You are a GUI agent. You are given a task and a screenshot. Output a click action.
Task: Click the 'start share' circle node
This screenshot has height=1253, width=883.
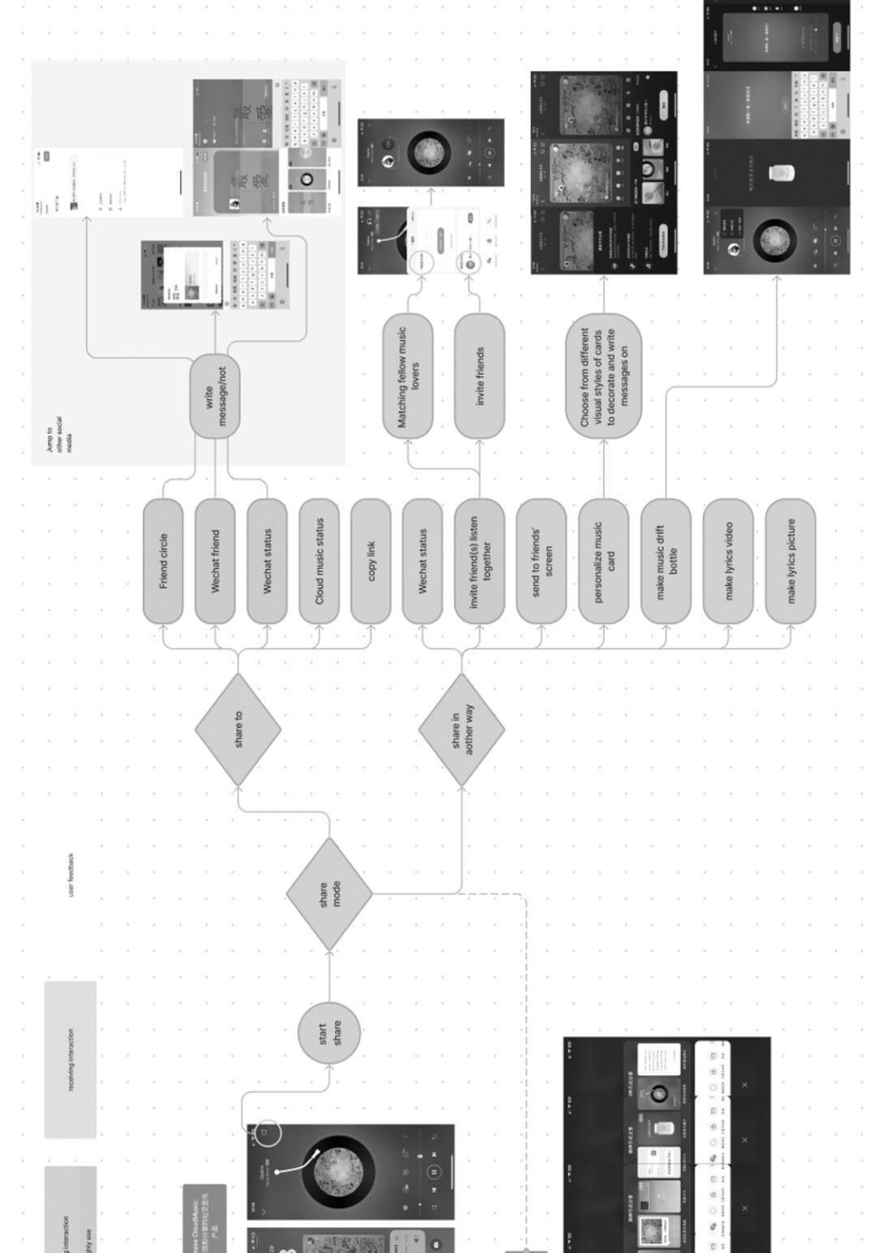(330, 1033)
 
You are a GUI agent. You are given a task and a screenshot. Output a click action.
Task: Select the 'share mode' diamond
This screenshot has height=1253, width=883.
(330, 894)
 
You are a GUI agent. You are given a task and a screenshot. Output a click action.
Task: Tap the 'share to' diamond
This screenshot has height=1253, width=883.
(238, 730)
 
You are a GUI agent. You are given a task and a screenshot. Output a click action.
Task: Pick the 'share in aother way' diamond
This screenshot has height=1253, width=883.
(462, 730)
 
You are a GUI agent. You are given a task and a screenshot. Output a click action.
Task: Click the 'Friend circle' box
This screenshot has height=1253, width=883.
(163, 562)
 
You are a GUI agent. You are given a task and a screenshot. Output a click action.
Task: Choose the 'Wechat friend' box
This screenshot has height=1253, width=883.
(215, 562)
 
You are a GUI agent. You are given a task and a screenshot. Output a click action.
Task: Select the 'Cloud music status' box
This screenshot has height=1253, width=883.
(319, 562)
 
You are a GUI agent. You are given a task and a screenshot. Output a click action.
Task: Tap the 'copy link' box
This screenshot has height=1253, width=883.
(371, 562)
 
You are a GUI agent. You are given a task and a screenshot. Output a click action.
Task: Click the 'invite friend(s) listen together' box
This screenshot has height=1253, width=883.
(480, 562)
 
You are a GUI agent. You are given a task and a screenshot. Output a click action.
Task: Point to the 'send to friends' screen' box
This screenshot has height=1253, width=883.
(541, 562)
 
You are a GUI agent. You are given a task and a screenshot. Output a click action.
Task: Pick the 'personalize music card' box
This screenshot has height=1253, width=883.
(604, 562)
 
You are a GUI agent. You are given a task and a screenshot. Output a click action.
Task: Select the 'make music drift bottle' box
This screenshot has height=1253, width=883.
(666, 562)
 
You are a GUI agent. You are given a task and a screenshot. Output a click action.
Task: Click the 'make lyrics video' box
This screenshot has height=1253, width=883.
(728, 562)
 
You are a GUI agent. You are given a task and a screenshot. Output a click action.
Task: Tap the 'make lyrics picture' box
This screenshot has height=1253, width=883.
(790, 562)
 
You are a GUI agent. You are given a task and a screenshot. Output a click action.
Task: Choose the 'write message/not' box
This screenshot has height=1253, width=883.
(215, 397)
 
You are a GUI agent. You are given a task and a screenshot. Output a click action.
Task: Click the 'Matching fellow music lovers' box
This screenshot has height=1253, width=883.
(408, 377)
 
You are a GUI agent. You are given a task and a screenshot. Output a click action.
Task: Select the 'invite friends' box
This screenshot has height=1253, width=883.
(480, 377)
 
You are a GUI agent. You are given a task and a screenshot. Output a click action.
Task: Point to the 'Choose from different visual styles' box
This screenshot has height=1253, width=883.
(604, 377)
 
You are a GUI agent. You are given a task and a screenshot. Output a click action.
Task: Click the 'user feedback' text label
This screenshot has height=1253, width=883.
(71, 875)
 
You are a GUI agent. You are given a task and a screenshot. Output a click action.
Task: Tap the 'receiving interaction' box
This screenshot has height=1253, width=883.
(71, 1060)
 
